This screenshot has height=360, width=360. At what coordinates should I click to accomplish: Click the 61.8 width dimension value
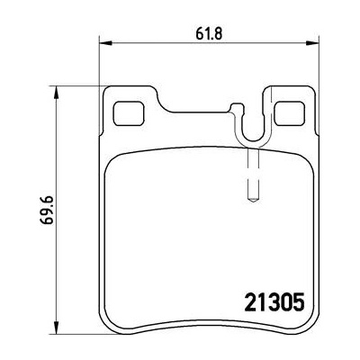tap(209, 34)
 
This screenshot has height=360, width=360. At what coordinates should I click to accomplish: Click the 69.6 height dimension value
tap(48, 210)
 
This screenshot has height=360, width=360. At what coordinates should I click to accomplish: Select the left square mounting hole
tap(128, 113)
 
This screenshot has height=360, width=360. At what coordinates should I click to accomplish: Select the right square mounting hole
tap(290, 113)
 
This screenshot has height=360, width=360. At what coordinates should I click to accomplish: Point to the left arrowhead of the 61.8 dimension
tap(105, 44)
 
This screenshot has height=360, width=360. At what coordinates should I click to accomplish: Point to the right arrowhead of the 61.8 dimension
tap(312, 44)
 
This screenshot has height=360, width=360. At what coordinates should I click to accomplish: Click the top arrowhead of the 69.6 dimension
tap(56, 93)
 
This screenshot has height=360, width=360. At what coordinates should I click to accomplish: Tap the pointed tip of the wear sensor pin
tap(253, 201)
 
